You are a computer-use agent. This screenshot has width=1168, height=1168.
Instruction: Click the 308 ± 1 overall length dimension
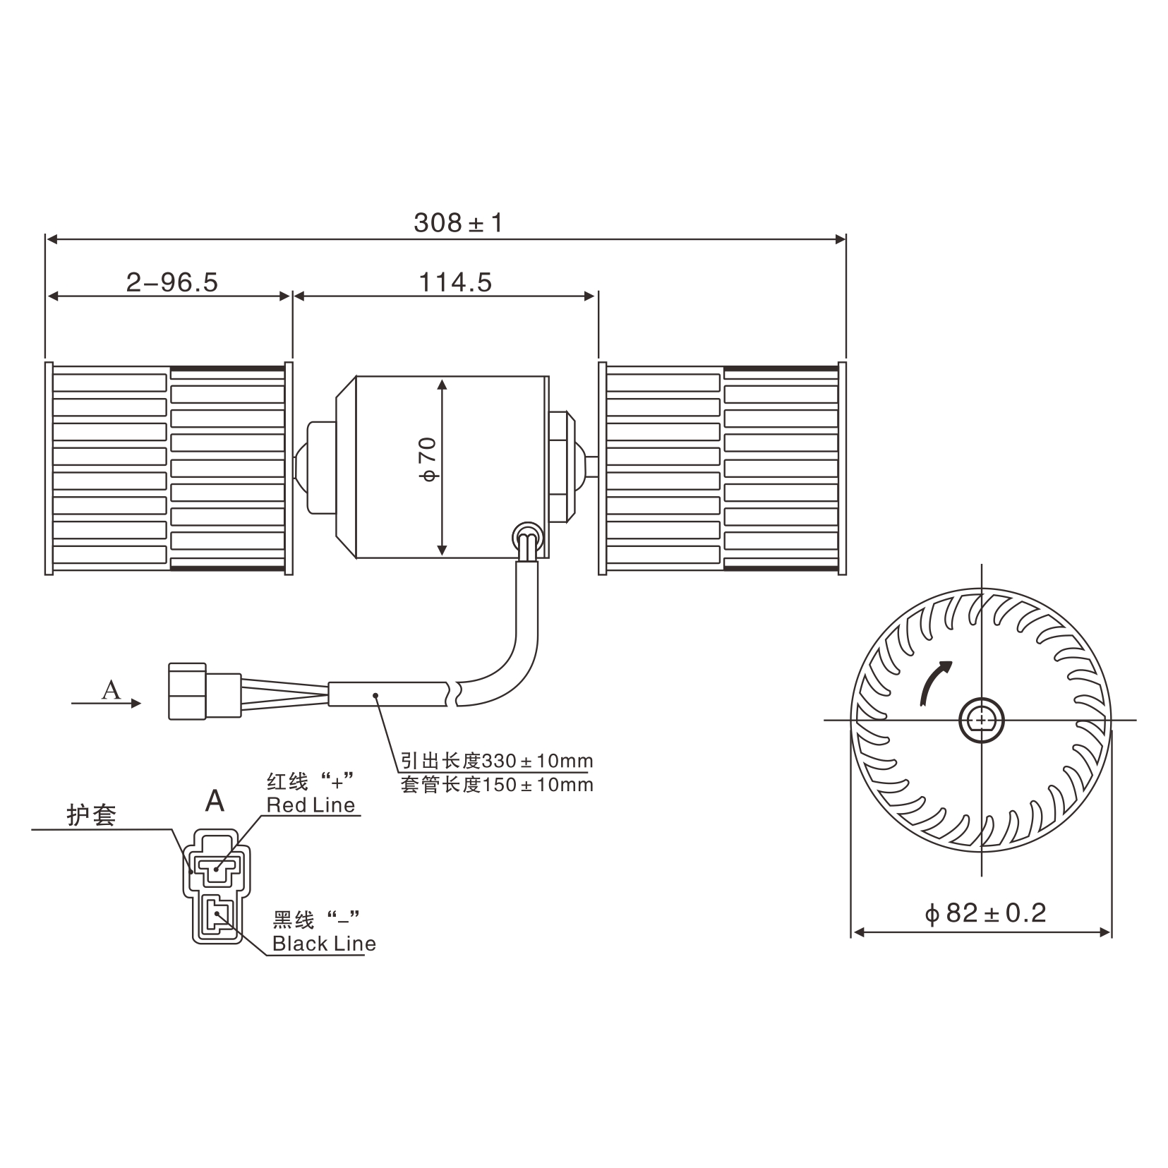pyautogui.click(x=458, y=223)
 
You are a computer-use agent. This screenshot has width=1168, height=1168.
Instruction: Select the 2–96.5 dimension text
pyautogui.click(x=172, y=282)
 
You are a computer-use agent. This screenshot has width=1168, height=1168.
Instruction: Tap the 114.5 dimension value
pyautogui.click(x=455, y=282)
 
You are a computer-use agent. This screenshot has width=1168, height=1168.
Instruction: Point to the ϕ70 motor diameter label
pyautogui.click(x=428, y=459)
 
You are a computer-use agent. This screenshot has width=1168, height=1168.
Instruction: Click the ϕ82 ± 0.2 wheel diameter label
pyautogui.click(x=985, y=913)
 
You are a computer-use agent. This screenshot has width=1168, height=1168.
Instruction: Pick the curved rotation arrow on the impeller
pyautogui.click(x=934, y=680)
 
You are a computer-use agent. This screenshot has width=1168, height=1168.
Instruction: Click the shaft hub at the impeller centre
pyautogui.click(x=981, y=720)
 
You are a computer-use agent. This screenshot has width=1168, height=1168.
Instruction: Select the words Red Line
pyautogui.click(x=311, y=805)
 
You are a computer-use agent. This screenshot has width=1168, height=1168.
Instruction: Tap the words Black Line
pyautogui.click(x=324, y=944)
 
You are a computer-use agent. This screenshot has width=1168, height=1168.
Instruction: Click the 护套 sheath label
pyautogui.click(x=92, y=815)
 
